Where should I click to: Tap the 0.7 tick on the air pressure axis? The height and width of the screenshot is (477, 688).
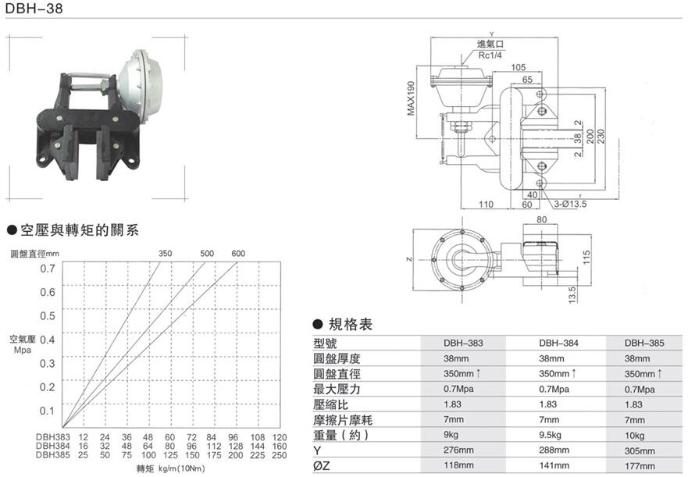(x=48, y=269)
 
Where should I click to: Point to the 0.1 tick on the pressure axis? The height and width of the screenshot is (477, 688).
(x=48, y=411)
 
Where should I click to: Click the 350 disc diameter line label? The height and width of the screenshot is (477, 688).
(x=165, y=254)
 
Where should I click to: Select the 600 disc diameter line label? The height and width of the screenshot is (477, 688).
(x=238, y=254)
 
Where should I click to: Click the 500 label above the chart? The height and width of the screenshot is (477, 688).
(x=207, y=254)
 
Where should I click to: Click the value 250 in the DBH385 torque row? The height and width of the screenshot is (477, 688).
(x=280, y=454)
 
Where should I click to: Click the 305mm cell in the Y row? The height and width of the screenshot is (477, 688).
(x=643, y=450)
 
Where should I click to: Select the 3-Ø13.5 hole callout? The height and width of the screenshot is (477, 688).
(x=570, y=205)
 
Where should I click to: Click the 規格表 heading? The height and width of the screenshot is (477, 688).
(x=349, y=324)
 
